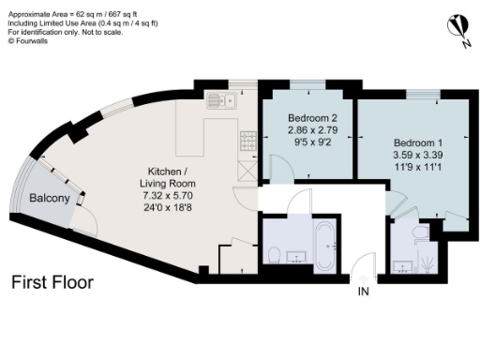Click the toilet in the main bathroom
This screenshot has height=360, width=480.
click(x=272, y=254)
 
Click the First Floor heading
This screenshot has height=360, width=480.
click(x=52, y=282)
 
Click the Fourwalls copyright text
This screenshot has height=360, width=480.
click(x=30, y=39)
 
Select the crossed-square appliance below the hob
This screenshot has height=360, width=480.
click(x=247, y=170)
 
